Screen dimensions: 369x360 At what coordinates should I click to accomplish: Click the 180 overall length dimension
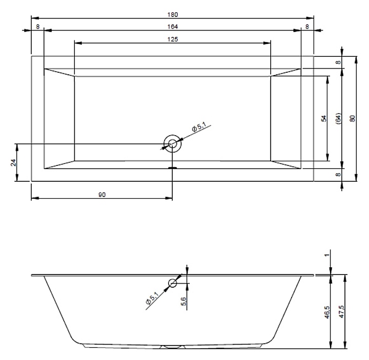[173, 14]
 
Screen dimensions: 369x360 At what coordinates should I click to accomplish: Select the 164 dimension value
[173, 27]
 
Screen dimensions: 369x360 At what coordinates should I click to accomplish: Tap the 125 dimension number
[173, 39]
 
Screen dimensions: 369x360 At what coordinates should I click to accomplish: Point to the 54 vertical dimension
[324, 118]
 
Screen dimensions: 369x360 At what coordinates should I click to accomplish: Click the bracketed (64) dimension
[338, 118]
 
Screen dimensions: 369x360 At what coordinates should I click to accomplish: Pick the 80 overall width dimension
[352, 118]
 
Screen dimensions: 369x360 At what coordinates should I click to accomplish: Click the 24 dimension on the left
[13, 162]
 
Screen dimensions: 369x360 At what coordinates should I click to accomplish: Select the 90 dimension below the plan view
[102, 195]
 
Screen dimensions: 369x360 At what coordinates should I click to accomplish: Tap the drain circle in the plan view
[173, 144]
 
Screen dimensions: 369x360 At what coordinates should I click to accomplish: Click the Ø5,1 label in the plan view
[199, 127]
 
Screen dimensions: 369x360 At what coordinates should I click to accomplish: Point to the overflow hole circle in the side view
[173, 283]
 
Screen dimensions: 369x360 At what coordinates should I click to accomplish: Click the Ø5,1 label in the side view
[152, 298]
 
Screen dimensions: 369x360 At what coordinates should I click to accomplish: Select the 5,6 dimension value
[183, 302]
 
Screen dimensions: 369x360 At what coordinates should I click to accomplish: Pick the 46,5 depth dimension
[327, 312]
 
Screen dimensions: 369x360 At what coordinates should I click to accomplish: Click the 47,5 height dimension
[341, 312]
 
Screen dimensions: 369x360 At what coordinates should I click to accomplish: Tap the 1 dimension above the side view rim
[327, 255]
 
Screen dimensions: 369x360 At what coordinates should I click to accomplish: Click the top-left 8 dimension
[37, 27]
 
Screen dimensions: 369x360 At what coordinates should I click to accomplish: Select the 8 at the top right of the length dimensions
[307, 27]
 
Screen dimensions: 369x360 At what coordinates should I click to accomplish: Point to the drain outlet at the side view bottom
[173, 346]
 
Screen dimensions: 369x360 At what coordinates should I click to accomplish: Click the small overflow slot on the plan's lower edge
[173, 167]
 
